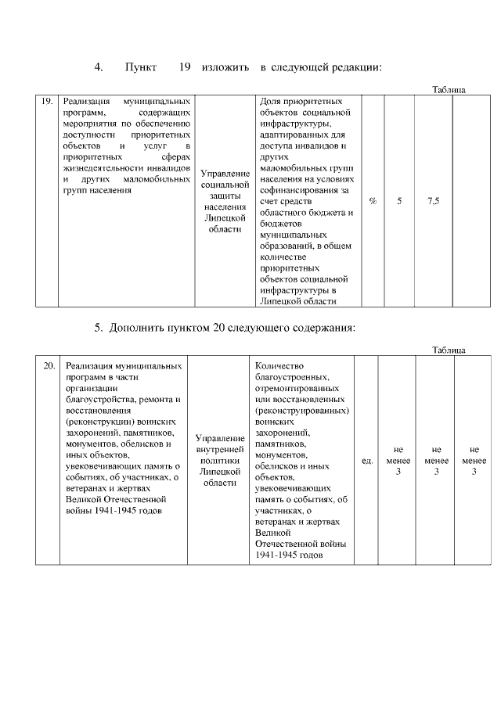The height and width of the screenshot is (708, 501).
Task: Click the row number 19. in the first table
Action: (46, 101)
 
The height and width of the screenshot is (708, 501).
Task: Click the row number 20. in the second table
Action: (48, 365)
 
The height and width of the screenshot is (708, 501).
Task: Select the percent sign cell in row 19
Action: (373, 201)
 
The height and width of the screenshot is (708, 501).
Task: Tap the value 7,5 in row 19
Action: (433, 201)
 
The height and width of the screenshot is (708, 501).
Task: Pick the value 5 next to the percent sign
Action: (399, 201)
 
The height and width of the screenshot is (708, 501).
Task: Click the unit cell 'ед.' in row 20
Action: (366, 461)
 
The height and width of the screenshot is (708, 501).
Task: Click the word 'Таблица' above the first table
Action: (449, 90)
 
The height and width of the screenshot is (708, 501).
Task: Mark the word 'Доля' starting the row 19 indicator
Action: (269, 101)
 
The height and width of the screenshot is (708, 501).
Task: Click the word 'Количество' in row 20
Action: (279, 365)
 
